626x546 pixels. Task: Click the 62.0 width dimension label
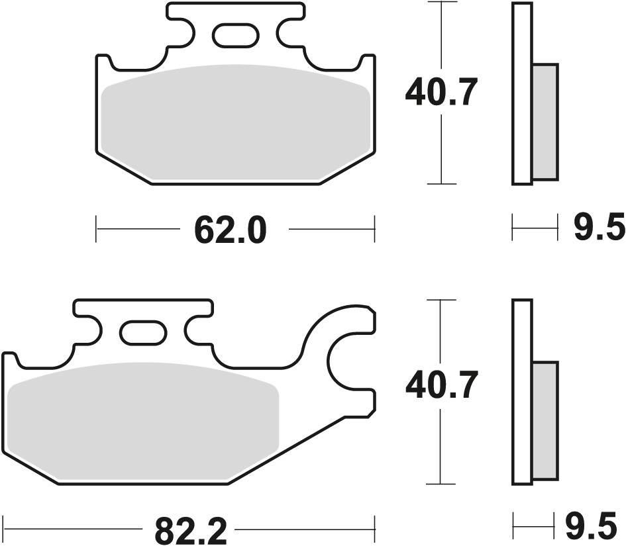tap(230, 230)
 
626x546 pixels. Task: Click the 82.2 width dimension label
tap(191, 529)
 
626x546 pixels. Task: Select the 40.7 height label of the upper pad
tap(441, 93)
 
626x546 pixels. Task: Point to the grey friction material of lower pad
tap(142, 420)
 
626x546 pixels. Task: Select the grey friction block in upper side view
tap(545, 122)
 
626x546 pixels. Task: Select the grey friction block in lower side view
tap(545, 420)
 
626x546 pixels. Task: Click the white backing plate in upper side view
tap(522, 93)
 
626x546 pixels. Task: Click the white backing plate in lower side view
tap(522, 390)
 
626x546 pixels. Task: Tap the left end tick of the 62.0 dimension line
tap(97, 229)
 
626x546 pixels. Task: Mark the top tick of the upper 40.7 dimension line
tap(441, 3)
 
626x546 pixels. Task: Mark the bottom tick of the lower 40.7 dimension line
tap(441, 483)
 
